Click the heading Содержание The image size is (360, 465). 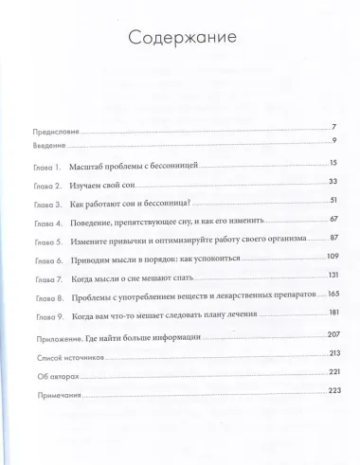pyautogui.click(x=179, y=39)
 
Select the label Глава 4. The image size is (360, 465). pyautogui.click(x=45, y=223)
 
